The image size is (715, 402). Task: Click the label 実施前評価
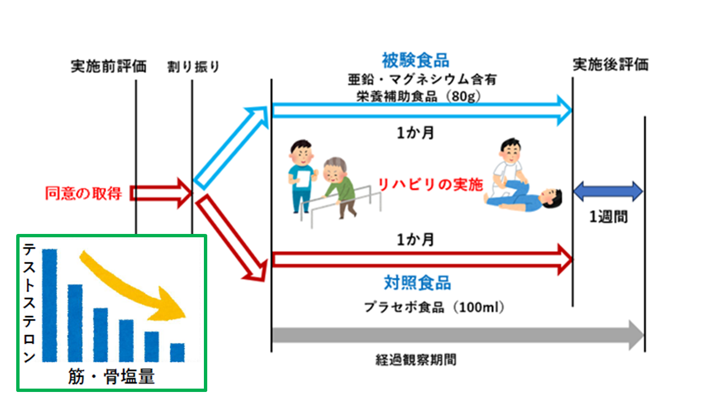(x=108, y=66)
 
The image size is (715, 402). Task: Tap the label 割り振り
(x=193, y=67)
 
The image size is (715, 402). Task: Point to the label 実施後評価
(x=611, y=65)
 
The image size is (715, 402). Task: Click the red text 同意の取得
(x=84, y=193)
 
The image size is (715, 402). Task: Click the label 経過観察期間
(x=416, y=359)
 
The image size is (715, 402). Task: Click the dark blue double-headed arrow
(x=608, y=191)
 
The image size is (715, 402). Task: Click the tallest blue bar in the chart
(x=50, y=304)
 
